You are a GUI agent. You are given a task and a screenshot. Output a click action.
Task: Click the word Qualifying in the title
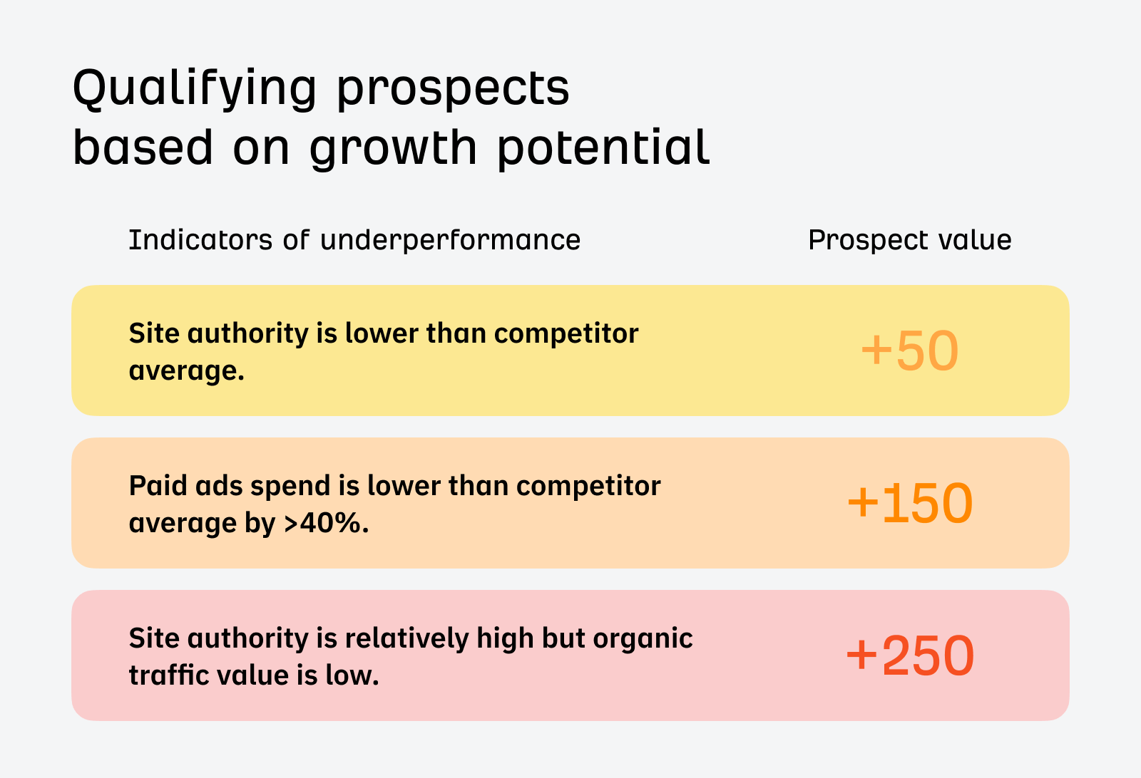tap(194, 88)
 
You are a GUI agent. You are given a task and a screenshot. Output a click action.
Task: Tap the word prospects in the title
tap(453, 88)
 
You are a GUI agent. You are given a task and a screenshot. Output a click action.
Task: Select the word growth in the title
tap(393, 148)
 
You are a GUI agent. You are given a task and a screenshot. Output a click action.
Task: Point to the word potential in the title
tap(603, 147)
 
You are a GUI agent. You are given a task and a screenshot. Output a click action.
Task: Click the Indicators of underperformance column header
tap(354, 240)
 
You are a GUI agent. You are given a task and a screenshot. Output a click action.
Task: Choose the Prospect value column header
tap(909, 240)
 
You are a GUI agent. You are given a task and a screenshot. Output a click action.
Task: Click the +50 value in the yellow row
tap(909, 351)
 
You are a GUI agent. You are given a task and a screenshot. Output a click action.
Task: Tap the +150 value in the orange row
tap(909, 503)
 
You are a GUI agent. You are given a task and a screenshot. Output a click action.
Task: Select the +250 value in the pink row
tap(909, 655)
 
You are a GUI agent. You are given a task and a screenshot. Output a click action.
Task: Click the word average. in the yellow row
tap(186, 371)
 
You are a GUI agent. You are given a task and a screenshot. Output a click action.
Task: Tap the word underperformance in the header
tap(450, 240)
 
